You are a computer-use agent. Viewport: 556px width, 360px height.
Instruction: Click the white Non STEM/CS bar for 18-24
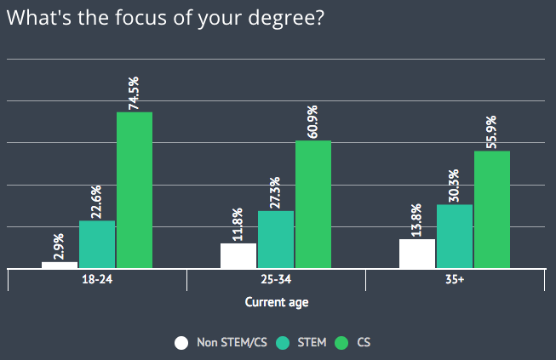[60, 265]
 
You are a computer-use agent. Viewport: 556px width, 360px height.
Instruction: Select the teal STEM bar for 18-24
[97, 244]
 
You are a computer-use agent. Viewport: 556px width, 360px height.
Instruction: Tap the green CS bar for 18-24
[135, 190]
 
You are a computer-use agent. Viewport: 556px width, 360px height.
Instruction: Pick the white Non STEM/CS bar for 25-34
[238, 255]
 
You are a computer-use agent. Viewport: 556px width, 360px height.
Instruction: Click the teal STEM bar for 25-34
[276, 239]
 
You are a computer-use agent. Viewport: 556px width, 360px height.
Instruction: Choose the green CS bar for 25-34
[313, 204]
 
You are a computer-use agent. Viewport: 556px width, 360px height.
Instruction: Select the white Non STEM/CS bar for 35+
[417, 254]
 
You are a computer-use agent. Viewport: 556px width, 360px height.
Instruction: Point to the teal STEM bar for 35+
[455, 236]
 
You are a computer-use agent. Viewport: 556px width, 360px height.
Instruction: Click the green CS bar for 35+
[492, 209]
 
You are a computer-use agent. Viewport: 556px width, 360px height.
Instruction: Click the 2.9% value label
[60, 245]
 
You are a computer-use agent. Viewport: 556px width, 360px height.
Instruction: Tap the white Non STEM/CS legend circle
[181, 343]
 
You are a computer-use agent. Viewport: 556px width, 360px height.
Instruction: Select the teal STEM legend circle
[284, 343]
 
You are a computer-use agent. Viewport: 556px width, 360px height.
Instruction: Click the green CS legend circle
[343, 343]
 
